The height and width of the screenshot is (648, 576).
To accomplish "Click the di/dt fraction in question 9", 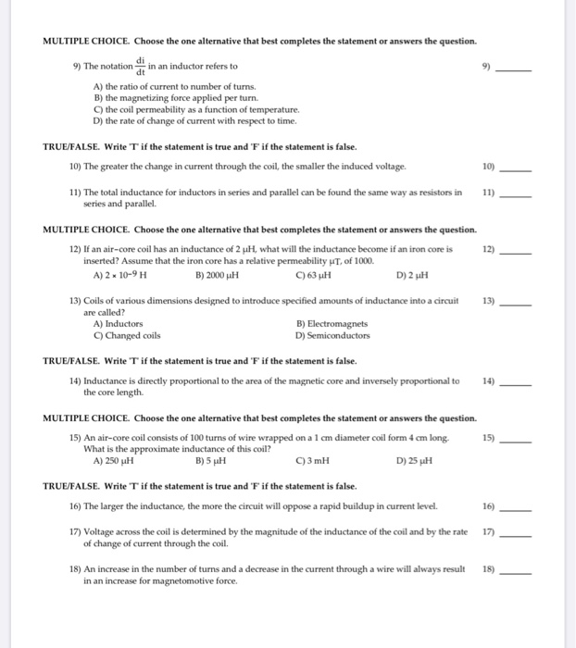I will click(141, 66).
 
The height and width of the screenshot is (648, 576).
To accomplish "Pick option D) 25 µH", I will click(414, 460).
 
